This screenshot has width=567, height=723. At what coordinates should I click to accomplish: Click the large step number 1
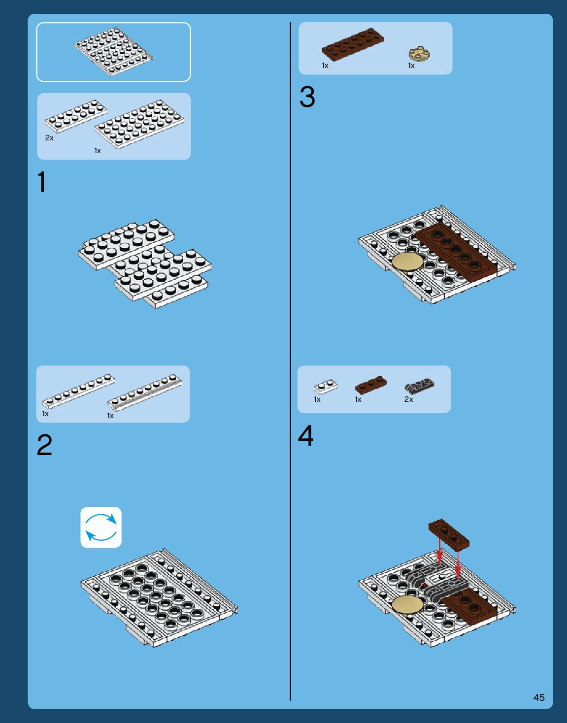click(42, 182)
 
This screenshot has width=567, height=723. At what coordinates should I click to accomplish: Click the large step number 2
click(45, 445)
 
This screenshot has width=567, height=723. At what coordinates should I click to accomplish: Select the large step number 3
click(307, 97)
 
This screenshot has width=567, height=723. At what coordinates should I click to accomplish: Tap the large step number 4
click(305, 435)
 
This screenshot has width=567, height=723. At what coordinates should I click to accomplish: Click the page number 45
click(539, 697)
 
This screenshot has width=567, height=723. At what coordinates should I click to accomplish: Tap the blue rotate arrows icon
click(101, 527)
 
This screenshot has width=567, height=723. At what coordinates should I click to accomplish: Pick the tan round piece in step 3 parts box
click(419, 54)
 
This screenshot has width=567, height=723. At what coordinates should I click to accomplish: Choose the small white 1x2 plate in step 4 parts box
click(326, 387)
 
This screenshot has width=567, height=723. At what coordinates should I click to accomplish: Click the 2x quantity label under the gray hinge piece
click(408, 399)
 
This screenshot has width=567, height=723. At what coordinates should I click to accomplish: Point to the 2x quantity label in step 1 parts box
click(49, 138)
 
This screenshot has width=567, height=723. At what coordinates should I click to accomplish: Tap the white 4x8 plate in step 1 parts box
click(139, 124)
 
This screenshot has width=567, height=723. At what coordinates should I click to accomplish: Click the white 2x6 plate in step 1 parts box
click(76, 116)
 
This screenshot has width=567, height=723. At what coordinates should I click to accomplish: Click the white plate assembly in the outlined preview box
click(113, 52)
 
